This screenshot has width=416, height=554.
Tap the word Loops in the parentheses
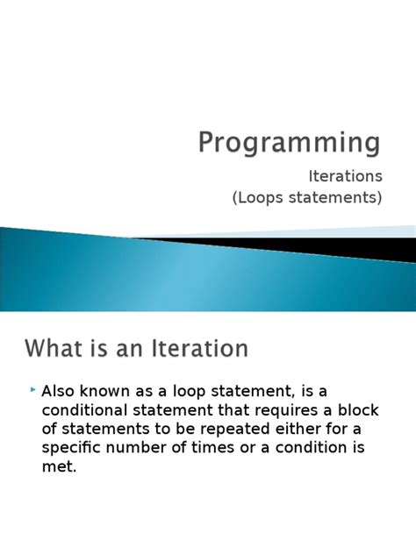(x=262, y=197)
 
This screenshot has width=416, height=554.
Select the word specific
(x=72, y=448)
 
